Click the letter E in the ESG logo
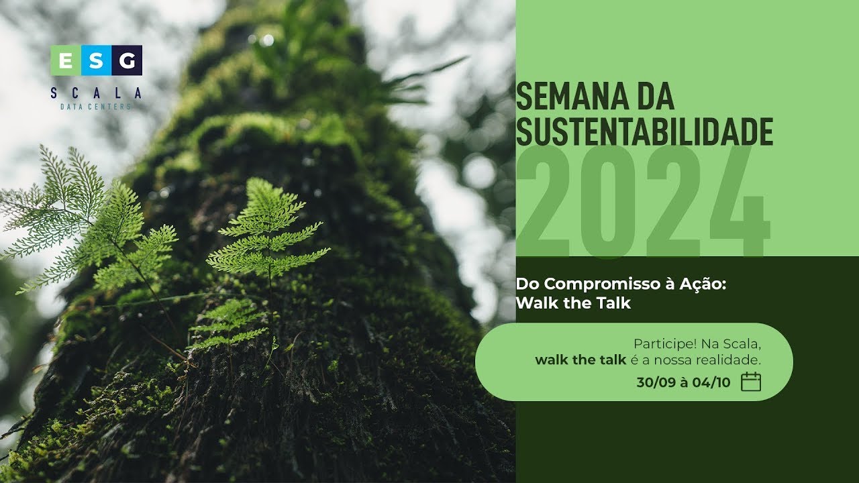[65, 61]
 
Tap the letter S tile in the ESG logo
[96, 61]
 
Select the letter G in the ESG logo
[127, 61]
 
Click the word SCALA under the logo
[96, 93]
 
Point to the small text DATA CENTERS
[96, 107]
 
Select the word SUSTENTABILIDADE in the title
[644, 131]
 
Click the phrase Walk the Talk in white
[573, 303]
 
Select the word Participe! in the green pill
[664, 344]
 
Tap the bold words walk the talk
[580, 360]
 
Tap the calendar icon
[750, 382]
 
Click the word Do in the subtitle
[525, 284]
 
